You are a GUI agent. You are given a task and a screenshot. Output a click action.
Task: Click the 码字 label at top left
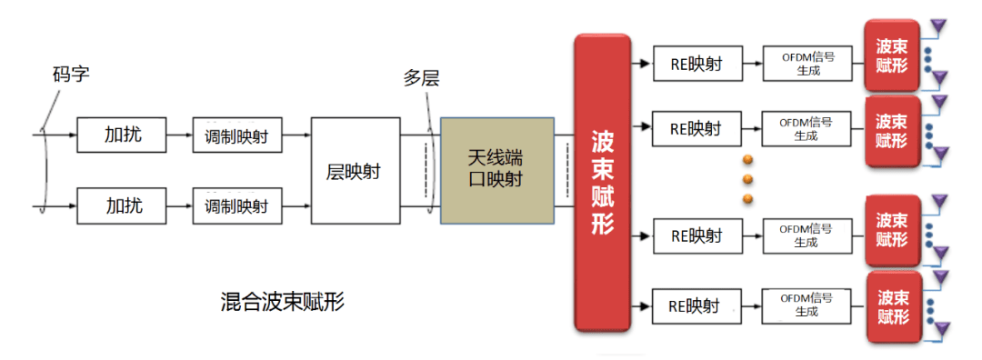71,73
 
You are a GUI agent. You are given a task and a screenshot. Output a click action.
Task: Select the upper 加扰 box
124,135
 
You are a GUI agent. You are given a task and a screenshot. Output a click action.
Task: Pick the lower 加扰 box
124,205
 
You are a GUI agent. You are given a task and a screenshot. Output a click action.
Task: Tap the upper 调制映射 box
236,135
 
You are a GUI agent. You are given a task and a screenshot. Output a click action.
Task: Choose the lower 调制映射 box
236,205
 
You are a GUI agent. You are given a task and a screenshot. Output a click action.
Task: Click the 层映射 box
355,170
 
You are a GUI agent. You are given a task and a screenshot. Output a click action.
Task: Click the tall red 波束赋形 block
603,182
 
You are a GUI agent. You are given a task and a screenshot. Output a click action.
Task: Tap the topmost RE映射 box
696,64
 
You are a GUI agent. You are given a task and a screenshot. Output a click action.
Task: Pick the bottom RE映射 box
696,305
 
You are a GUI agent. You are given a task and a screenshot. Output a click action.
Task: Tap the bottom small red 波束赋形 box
891,306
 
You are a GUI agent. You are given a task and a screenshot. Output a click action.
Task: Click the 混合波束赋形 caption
283,302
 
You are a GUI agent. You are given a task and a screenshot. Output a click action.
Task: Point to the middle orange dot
748,179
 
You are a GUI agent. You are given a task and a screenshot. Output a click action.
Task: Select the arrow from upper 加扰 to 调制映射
180,135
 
